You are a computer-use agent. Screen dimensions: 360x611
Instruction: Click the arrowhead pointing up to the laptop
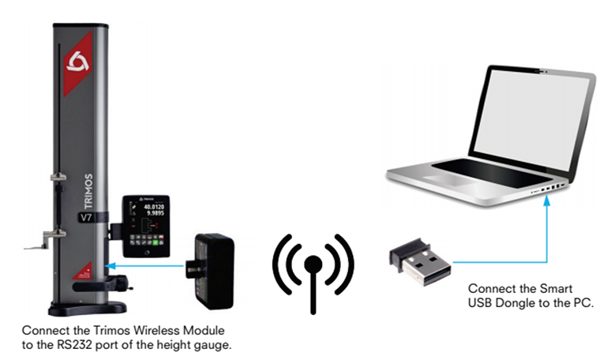(x=545, y=201)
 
